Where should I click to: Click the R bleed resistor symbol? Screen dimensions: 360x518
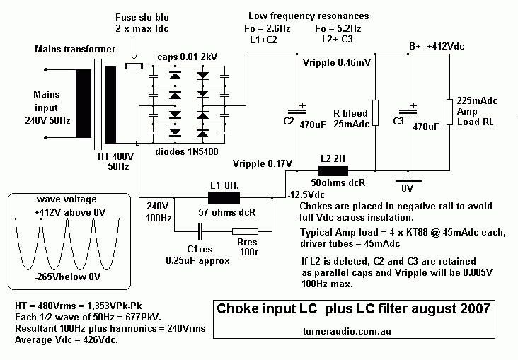[375, 111]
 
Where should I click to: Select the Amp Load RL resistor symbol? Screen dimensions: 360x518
[449, 111]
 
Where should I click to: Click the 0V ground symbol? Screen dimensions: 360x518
[408, 180]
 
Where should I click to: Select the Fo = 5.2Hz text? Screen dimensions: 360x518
[338, 29]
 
